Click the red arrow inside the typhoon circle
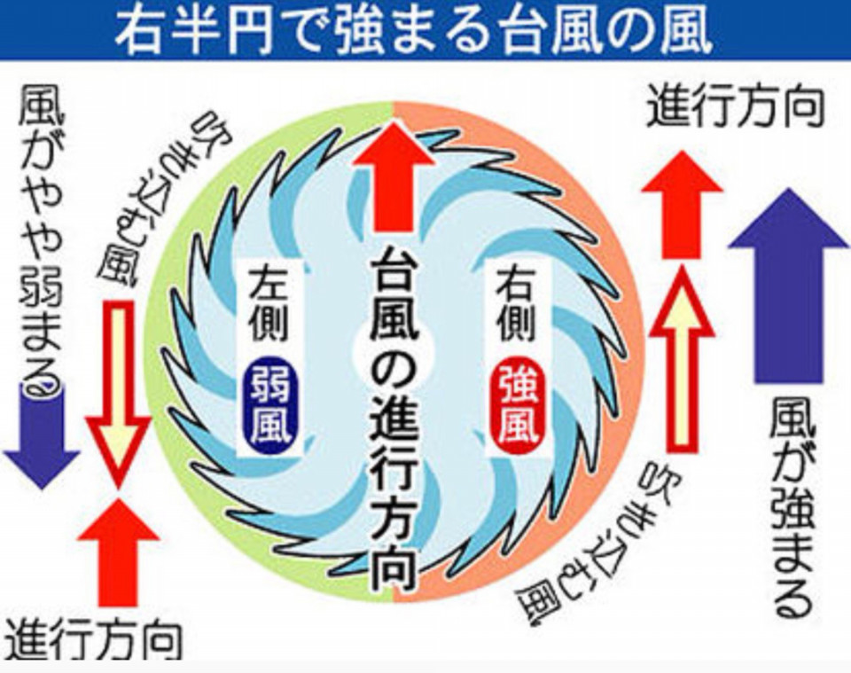point(394,177)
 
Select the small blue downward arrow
point(43,437)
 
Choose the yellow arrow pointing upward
point(683,360)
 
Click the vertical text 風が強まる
point(792,508)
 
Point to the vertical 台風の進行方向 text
point(394,418)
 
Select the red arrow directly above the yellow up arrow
point(683,204)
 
